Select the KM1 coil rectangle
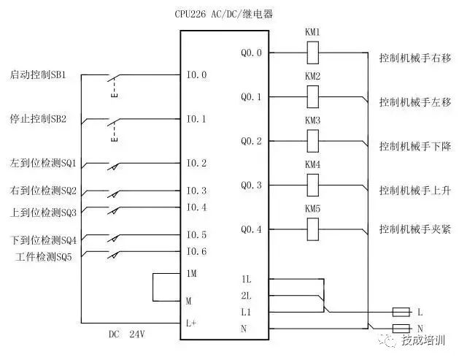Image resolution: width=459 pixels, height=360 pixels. pyautogui.click(x=312, y=53)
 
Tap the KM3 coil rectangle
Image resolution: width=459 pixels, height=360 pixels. pyautogui.click(x=312, y=140)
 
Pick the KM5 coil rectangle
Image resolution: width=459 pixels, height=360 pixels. pyautogui.click(x=312, y=229)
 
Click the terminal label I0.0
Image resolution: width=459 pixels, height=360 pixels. pyautogui.click(x=196, y=74)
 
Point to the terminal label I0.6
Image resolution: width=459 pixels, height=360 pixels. pyautogui.click(x=196, y=252)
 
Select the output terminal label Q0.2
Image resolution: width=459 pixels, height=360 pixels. pyautogui.click(x=250, y=141)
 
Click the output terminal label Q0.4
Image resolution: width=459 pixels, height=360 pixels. pyautogui.click(x=250, y=230)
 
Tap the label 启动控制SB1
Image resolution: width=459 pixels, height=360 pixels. pyautogui.click(x=39, y=74)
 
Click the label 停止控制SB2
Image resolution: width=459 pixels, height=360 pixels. pyautogui.click(x=39, y=118)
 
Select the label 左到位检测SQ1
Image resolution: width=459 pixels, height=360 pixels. pyautogui.click(x=43, y=163)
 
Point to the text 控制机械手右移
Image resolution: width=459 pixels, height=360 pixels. pyautogui.click(x=414, y=56)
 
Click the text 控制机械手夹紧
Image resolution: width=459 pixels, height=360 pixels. pyautogui.click(x=414, y=229)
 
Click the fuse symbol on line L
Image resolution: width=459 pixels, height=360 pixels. pyautogui.click(x=401, y=312)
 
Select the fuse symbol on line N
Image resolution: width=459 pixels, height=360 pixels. pyautogui.click(x=401, y=329)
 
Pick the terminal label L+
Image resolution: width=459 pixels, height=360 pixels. pyautogui.click(x=191, y=322)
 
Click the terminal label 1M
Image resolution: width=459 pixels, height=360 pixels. pyautogui.click(x=191, y=272)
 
